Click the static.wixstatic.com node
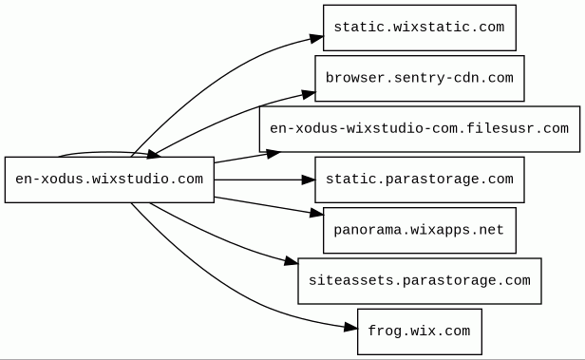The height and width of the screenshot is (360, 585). (420, 28)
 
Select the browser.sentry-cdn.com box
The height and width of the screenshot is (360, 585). (420, 78)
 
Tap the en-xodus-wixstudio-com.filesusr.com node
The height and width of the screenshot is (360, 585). (420, 129)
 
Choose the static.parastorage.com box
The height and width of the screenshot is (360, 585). (420, 180)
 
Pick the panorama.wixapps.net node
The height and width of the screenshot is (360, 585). (420, 230)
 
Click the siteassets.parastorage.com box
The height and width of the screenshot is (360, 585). (420, 281)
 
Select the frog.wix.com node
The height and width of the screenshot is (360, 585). (420, 332)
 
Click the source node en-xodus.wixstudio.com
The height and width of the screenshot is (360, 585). (109, 180)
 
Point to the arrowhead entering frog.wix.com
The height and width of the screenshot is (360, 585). (350, 328)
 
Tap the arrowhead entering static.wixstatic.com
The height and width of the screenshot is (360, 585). (316, 38)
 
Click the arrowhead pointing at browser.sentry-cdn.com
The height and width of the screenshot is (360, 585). (309, 94)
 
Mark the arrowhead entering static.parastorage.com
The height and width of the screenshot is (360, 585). (308, 180)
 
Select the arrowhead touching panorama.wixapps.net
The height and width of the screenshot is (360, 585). (316, 213)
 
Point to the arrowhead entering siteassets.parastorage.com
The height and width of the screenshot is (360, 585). (292, 261)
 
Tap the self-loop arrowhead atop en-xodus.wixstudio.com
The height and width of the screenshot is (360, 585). (154, 154)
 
